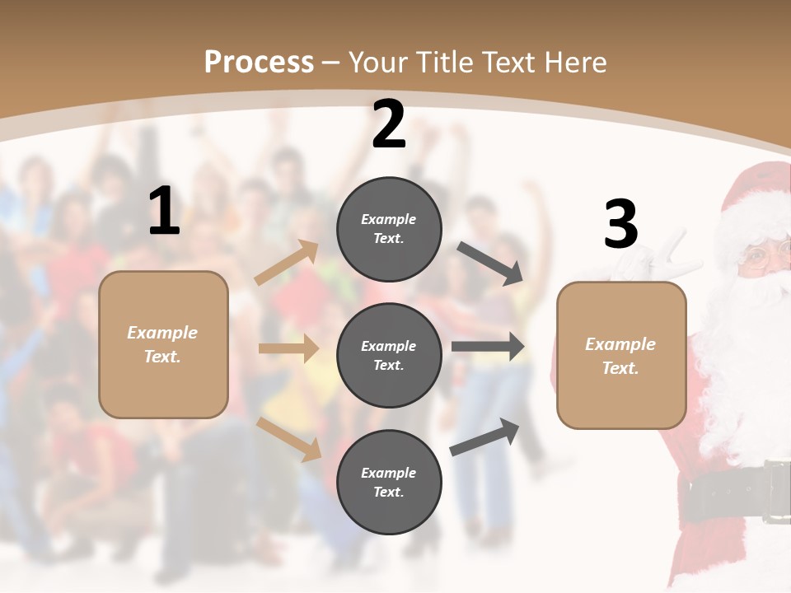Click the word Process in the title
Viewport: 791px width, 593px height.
point(259,62)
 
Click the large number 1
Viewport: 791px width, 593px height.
point(164,212)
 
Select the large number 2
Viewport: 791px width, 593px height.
point(389,124)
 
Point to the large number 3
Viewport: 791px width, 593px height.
point(620,225)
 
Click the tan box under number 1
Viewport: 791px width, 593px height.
point(163,344)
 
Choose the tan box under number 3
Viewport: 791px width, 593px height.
point(621,355)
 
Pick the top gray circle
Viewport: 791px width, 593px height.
point(389,229)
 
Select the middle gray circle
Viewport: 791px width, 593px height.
point(389,355)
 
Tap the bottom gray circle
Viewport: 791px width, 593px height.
point(389,482)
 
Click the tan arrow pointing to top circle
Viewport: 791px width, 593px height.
point(287,263)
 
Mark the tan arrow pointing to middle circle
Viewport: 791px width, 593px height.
point(288,348)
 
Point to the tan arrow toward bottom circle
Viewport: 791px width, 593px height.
point(289,438)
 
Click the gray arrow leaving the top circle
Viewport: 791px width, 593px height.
point(489,263)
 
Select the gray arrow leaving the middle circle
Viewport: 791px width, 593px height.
point(488,347)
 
